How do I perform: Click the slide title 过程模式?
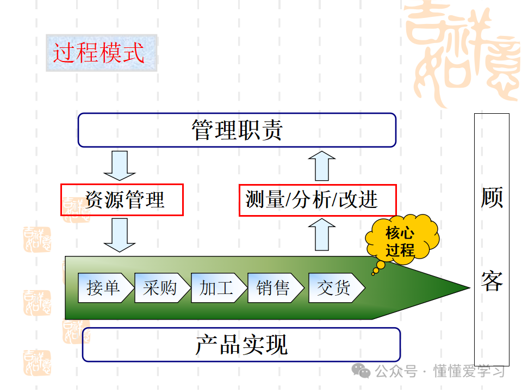coord(99,53)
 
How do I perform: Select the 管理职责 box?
coord(237,130)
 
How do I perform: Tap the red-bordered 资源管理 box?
coord(122,199)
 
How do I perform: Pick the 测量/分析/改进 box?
coord(317,200)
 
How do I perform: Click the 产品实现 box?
coord(241,345)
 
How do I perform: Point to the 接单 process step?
coord(104,287)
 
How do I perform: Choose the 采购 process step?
coord(161,287)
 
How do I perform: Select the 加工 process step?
coord(217,287)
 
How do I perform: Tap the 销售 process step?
coord(274,287)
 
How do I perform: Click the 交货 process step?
coord(334,287)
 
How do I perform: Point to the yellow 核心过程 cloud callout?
coord(401,241)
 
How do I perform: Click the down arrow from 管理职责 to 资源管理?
coord(120,165)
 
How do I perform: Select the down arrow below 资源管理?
coord(120,235)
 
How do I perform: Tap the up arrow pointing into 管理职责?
coord(321,166)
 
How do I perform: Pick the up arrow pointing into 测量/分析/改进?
coord(321,234)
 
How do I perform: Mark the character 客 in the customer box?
coord(492,281)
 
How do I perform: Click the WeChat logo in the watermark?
coord(361,371)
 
